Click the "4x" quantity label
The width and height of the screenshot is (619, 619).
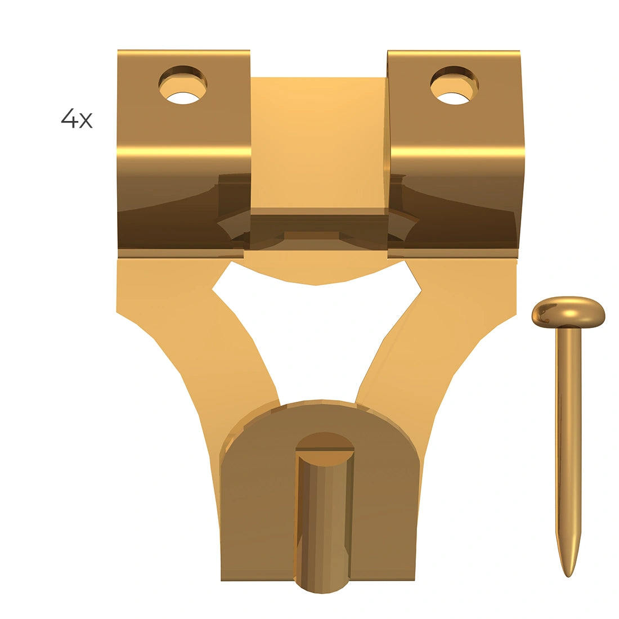(x=77, y=118)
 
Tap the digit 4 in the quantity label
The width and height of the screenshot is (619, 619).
(x=69, y=118)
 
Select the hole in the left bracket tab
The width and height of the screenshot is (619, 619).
(x=183, y=86)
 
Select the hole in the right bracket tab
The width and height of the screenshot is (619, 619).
(x=454, y=86)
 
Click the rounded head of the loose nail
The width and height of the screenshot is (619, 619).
(x=568, y=312)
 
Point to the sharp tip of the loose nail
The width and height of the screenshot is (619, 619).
(x=568, y=577)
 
